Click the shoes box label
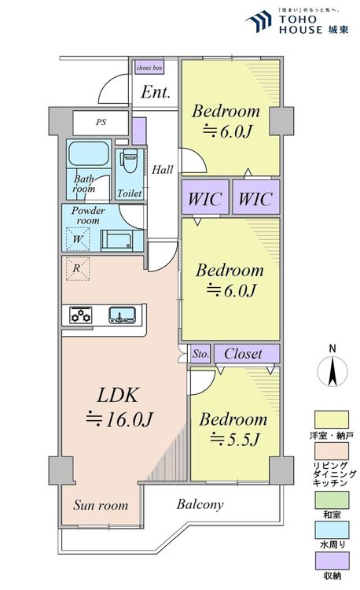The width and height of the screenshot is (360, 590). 149,68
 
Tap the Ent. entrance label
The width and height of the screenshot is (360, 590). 156,92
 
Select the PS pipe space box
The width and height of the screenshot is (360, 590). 101,123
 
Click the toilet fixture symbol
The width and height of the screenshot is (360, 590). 130,161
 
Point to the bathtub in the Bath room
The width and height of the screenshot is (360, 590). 89,153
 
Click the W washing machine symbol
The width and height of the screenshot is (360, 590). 78,239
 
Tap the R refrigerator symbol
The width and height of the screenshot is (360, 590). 78,268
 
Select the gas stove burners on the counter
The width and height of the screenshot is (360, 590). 81,315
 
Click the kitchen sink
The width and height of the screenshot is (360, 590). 122,315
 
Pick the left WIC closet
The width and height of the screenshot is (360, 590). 205,197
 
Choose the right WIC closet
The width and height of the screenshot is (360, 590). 256,197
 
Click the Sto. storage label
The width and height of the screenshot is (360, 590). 200,354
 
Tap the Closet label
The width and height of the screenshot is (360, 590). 243,354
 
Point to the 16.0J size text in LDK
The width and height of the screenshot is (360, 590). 119,419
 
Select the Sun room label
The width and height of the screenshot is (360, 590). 101,505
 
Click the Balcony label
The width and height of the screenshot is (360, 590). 200,504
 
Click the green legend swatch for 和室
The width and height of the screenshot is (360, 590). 332,500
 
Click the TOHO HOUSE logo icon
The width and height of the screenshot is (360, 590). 259,21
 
